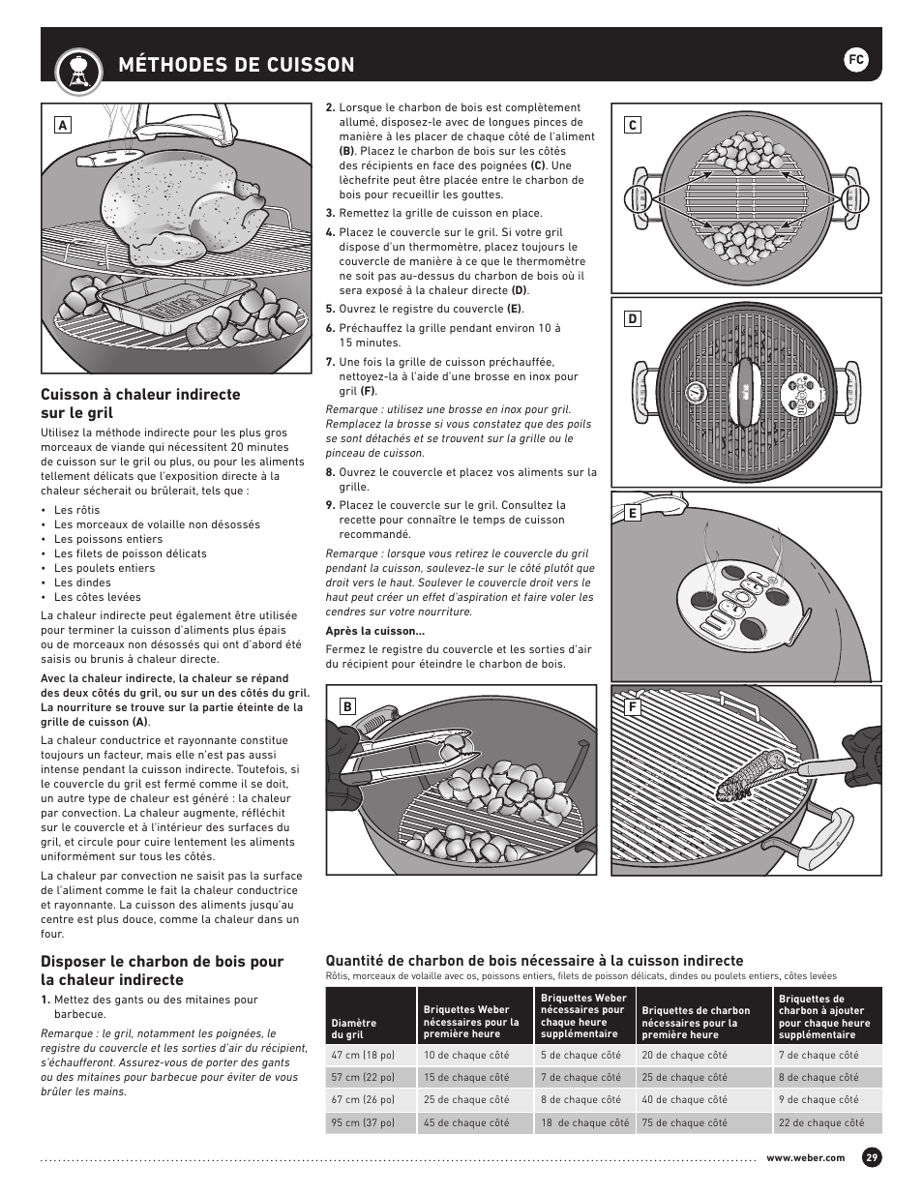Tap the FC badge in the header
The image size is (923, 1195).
point(855,60)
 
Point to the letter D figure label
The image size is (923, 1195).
point(633,318)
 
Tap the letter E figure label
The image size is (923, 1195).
point(633,513)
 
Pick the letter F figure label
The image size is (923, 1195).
point(633,706)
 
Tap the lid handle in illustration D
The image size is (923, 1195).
point(746,392)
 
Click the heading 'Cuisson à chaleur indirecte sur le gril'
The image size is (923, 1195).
point(140,403)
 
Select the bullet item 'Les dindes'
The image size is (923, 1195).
point(83,583)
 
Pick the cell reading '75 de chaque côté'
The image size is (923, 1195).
point(684,1122)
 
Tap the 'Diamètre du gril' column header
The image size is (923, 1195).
point(354,1029)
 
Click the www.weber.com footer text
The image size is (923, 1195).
point(805,1158)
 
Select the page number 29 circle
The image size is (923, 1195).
point(872,1158)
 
